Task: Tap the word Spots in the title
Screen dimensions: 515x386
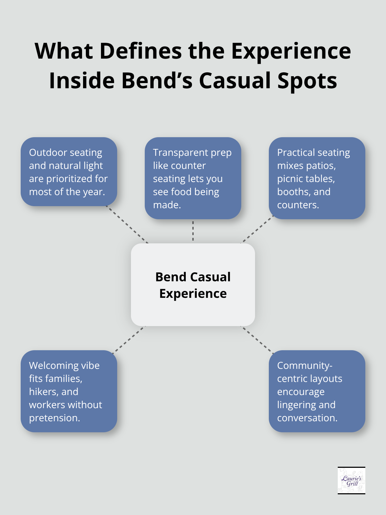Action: (307, 81)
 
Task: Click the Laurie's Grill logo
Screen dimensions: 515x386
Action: (351, 480)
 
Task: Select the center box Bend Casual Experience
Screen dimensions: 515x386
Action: (193, 285)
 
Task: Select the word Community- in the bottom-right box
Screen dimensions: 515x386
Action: (305, 365)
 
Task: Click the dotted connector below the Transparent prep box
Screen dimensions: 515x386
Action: (193, 231)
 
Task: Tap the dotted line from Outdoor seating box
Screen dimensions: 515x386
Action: (128, 224)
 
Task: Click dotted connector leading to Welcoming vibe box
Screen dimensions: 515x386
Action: (128, 339)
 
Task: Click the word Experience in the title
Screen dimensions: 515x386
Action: (291, 51)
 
